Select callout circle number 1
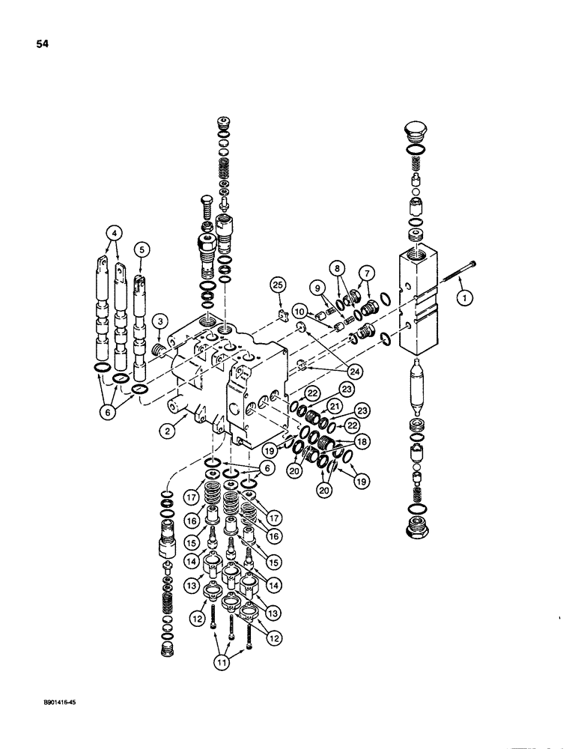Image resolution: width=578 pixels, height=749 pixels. [x=466, y=298]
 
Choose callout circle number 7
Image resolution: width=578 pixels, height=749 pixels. [x=365, y=272]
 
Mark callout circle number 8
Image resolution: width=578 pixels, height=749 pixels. [x=337, y=267]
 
